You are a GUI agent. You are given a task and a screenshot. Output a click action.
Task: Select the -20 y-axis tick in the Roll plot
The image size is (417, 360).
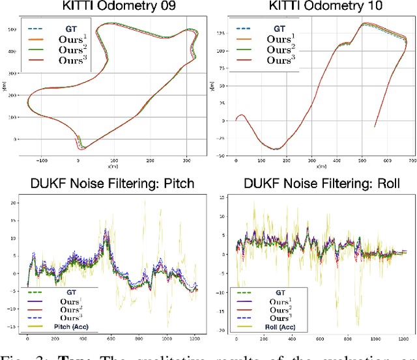(x=222, y=331)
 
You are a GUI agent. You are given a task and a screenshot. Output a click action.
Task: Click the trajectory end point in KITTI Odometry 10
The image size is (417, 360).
(x=356, y=126)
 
